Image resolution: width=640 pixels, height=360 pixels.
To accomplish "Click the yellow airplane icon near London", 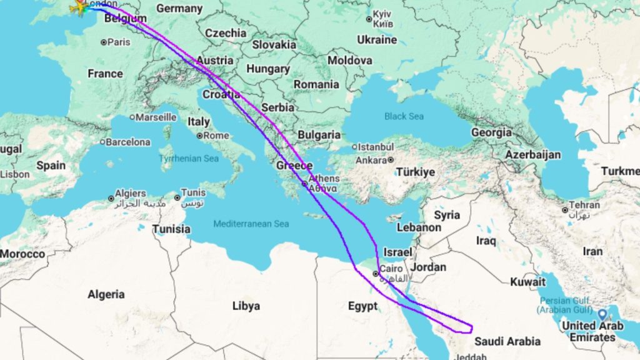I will [79, 7].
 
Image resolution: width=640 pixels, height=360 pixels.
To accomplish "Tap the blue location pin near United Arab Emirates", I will [602, 315].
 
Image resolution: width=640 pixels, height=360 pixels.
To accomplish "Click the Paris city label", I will [118, 42].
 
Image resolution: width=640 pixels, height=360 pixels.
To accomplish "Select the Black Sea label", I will [404, 116].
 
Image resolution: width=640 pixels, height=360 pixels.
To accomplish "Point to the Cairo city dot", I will [375, 274].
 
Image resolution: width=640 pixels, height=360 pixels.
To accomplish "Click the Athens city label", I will [324, 179].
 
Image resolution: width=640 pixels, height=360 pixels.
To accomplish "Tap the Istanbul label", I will [375, 147].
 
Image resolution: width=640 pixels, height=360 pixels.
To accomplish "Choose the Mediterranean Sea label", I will [251, 224].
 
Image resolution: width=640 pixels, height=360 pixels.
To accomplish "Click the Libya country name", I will [246, 306].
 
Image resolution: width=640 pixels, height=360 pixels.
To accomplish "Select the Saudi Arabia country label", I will [507, 342].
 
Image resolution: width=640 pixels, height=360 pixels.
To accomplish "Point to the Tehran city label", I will [585, 205].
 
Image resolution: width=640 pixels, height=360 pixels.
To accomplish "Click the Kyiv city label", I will [381, 14].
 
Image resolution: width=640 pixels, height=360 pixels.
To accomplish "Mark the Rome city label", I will [216, 136].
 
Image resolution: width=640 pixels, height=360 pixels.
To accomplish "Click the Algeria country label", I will [106, 294].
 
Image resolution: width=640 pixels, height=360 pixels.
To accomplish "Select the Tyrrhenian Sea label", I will [189, 159].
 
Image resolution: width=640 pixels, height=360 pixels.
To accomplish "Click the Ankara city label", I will [372, 159].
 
